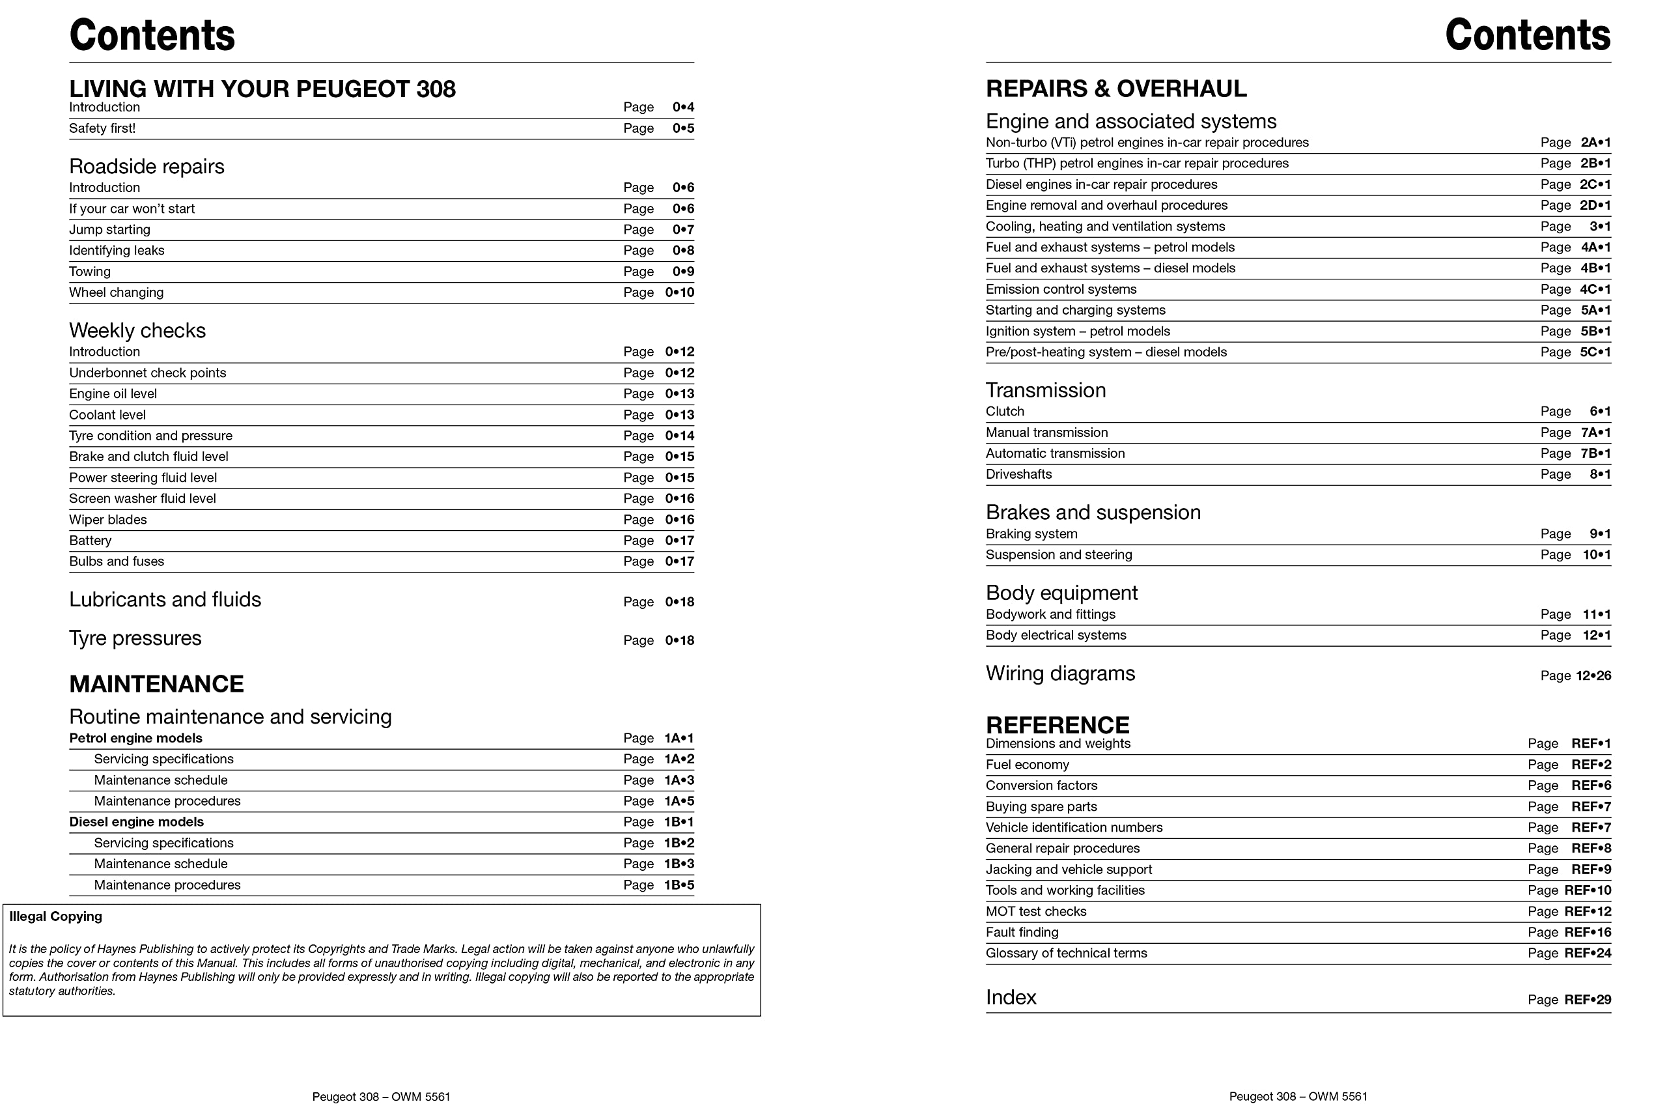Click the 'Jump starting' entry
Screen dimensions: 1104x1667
point(110,229)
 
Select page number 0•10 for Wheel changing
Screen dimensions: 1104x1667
point(679,292)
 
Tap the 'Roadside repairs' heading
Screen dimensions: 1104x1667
point(147,166)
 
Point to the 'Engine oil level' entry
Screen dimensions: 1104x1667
point(113,393)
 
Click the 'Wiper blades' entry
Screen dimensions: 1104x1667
point(107,520)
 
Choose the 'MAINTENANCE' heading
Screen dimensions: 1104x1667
point(156,684)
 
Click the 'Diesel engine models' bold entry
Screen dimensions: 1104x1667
point(137,822)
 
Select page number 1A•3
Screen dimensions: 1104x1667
point(679,780)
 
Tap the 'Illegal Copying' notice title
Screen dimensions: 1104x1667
point(55,916)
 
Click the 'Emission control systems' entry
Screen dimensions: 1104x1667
point(1061,289)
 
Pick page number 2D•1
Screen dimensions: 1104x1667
point(1595,206)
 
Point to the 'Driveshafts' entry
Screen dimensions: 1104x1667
point(1018,475)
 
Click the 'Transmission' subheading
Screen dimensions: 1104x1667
point(1045,390)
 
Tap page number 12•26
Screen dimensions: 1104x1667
point(1593,676)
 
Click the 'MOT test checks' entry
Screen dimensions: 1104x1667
point(1035,911)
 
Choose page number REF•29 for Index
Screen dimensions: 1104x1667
point(1588,1000)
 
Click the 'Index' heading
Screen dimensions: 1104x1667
point(1011,998)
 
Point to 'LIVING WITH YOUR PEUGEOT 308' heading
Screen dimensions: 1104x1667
point(262,89)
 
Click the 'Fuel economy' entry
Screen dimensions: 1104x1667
point(1027,765)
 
